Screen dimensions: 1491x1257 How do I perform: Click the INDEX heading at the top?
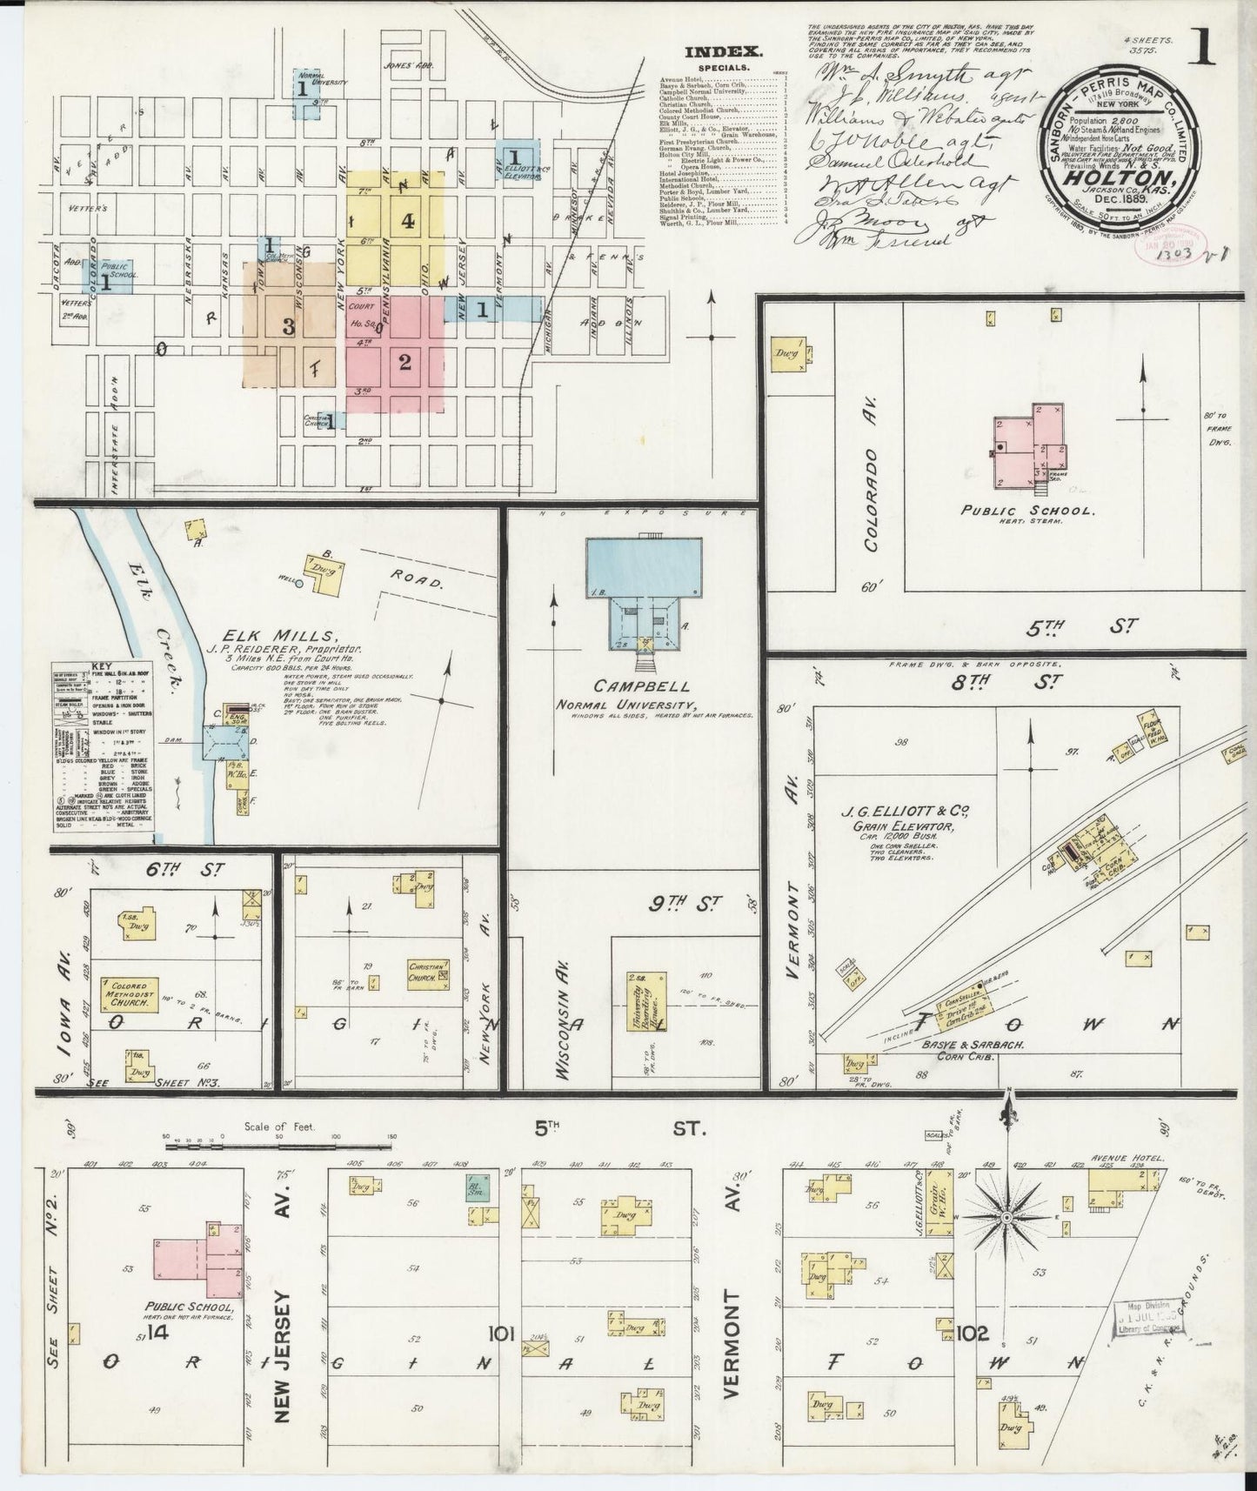click(x=723, y=50)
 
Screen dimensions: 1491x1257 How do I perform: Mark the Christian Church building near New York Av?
click(x=430, y=971)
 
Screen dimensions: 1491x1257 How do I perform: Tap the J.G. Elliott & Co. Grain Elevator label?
click(x=905, y=819)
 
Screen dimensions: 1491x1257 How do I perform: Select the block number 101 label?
click(x=502, y=1331)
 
